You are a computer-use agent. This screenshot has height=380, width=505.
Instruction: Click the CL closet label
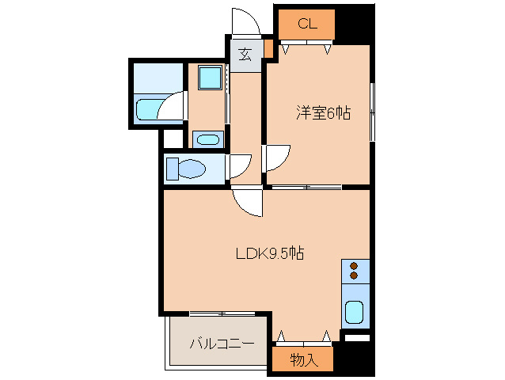[307, 24]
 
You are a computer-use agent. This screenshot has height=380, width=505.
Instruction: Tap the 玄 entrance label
[245, 55]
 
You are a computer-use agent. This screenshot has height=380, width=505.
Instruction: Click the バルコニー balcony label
[221, 344]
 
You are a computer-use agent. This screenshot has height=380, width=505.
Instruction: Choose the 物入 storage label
[302, 360]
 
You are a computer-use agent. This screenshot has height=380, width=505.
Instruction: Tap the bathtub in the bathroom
[147, 108]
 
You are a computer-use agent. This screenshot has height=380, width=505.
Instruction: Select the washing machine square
[210, 78]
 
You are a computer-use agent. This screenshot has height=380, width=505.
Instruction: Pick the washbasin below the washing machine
[208, 140]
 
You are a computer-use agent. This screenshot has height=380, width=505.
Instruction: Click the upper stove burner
[354, 266]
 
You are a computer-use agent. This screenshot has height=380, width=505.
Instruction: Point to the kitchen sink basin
[354, 313]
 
